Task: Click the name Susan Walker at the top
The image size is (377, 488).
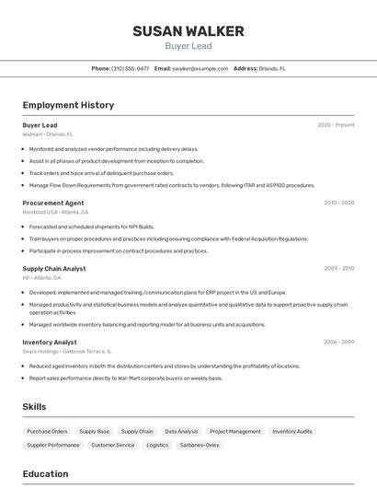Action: pos(188,31)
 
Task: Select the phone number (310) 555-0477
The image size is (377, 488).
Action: pos(130,68)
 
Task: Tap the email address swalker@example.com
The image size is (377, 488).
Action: pos(200,68)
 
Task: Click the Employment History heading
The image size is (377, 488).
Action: pos(68,105)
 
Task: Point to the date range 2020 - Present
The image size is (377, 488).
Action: pos(336,125)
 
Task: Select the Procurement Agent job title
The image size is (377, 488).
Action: pos(53,203)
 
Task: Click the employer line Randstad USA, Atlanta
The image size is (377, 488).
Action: pos(55,212)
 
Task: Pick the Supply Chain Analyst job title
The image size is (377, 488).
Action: pos(54,269)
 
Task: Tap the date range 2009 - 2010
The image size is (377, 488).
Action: pos(338,269)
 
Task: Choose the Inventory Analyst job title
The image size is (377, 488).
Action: pos(50,342)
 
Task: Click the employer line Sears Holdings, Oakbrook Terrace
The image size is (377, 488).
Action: pos(66,351)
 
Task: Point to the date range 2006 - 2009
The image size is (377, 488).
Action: pos(338,342)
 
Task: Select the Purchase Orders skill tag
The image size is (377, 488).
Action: pos(47,431)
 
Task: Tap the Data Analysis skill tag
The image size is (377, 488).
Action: pos(181,431)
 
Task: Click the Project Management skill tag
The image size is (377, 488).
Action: pos(234,431)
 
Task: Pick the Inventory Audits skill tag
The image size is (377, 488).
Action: pos(292,431)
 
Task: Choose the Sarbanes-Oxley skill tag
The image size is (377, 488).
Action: pos(200,445)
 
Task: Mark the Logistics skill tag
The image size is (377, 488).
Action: pos(157,445)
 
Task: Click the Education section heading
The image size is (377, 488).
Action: pos(45,474)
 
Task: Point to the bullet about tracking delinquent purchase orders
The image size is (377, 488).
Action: pos(101,173)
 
